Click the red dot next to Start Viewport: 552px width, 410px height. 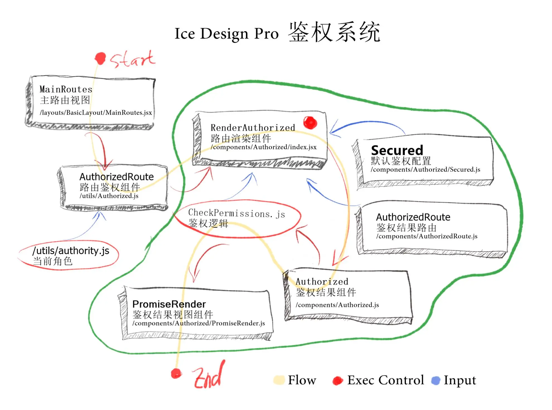pos(100,58)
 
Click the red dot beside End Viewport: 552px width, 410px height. pos(176,373)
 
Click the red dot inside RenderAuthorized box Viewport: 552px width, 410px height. pos(310,122)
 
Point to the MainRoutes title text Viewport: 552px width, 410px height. pos(66,90)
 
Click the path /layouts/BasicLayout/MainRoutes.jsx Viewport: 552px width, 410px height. pos(96,113)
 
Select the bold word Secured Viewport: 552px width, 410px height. pos(397,150)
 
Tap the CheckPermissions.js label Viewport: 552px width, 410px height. pos(236,213)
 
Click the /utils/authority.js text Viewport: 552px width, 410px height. pos(71,251)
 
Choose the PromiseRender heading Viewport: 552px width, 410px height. pos(169,304)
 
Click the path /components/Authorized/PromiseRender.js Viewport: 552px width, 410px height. pos(198,323)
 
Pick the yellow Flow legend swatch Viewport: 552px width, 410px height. pos(279,380)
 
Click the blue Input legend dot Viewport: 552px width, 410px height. pos(435,380)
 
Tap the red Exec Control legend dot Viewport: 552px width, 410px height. pos(338,381)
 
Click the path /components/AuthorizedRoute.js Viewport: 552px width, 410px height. pos(427,236)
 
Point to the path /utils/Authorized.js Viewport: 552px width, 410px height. pos(109,196)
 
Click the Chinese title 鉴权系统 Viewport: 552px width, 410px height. pos(334,32)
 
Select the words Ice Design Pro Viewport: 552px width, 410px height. pos(226,34)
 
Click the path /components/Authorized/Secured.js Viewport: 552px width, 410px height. pos(425,170)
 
